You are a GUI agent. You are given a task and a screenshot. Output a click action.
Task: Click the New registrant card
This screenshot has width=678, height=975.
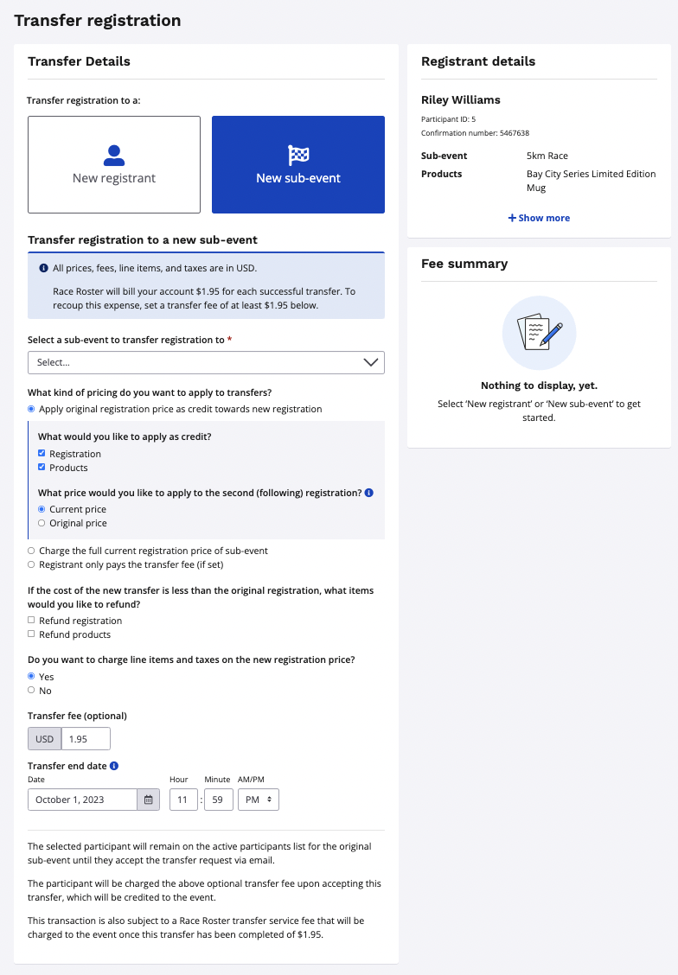coord(114,164)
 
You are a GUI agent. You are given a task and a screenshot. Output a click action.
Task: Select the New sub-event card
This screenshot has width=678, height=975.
coord(298,164)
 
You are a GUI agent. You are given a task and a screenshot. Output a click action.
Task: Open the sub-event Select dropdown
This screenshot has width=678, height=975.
coord(206,362)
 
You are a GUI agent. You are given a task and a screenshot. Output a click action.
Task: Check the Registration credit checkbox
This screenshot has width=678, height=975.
coord(42,454)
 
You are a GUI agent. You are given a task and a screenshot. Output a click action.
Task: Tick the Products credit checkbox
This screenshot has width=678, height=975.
coord(42,468)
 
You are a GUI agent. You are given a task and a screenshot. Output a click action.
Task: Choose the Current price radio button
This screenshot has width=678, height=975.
coord(42,509)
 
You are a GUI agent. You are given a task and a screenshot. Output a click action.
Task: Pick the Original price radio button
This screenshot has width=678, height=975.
coord(42,523)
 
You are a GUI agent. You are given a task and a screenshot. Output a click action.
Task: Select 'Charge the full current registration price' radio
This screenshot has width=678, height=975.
coord(32,551)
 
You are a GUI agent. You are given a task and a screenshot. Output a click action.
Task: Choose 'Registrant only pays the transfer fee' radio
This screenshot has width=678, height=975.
coord(32,564)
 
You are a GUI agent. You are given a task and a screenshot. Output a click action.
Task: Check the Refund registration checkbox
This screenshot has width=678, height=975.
coord(32,621)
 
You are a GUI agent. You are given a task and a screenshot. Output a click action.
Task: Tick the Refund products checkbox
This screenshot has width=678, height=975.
coord(32,634)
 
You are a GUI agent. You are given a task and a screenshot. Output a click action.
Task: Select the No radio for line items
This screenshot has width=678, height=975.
coord(32,691)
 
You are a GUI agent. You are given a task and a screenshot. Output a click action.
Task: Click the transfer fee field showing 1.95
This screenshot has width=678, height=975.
coord(86,739)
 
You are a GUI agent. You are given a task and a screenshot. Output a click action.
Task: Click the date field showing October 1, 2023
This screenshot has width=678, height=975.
coord(83,800)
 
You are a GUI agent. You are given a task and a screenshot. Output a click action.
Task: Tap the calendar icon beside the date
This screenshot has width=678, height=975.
coord(148,800)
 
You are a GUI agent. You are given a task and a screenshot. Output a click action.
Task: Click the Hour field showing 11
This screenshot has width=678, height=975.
coord(183,800)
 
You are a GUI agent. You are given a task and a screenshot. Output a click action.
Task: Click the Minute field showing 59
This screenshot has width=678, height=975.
coord(219,800)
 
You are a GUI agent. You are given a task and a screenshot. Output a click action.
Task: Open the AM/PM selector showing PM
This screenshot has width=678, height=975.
coord(259,800)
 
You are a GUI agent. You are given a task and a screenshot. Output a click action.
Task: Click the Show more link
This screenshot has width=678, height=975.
coord(539,218)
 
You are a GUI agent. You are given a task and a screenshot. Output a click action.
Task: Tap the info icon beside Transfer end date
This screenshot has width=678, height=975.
coord(114,766)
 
